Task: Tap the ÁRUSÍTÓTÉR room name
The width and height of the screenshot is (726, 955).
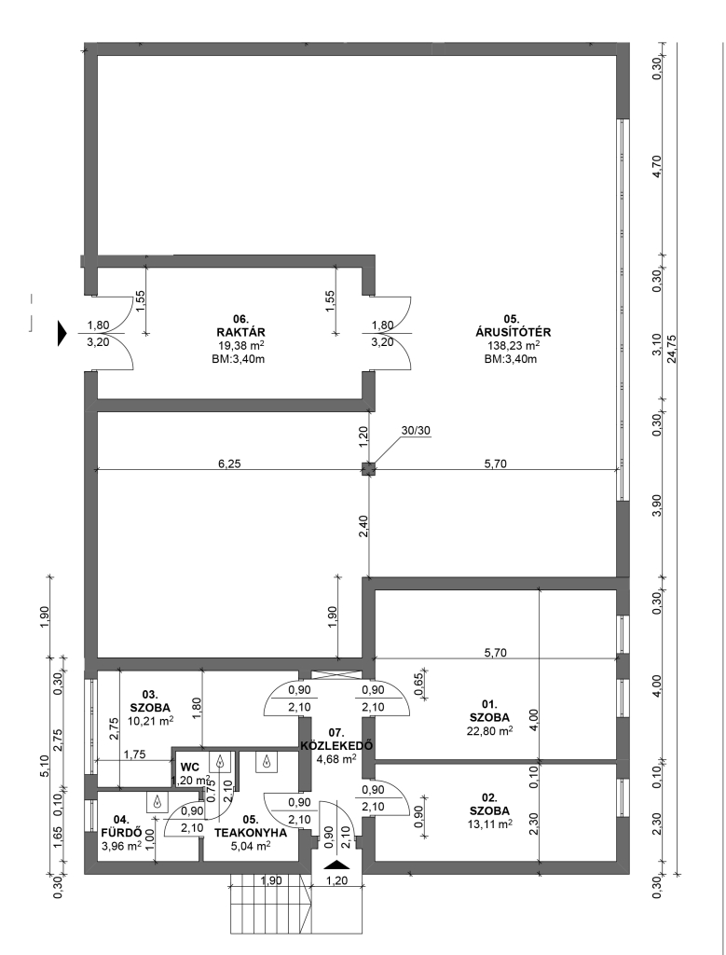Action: point(513,333)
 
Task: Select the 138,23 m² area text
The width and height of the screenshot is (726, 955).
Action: point(513,345)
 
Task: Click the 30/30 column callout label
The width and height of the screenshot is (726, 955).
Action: point(416,430)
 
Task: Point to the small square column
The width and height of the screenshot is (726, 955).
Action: point(368,469)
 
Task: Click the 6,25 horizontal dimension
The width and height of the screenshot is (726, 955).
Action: point(229,464)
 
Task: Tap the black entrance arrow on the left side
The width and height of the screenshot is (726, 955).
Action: point(62,334)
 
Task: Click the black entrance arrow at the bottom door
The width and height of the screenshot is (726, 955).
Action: point(336,865)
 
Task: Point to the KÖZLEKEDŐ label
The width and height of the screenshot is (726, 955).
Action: point(336,745)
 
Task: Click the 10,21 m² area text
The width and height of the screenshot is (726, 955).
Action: point(150,721)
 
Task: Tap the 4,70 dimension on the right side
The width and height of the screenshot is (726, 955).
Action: point(657,165)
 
